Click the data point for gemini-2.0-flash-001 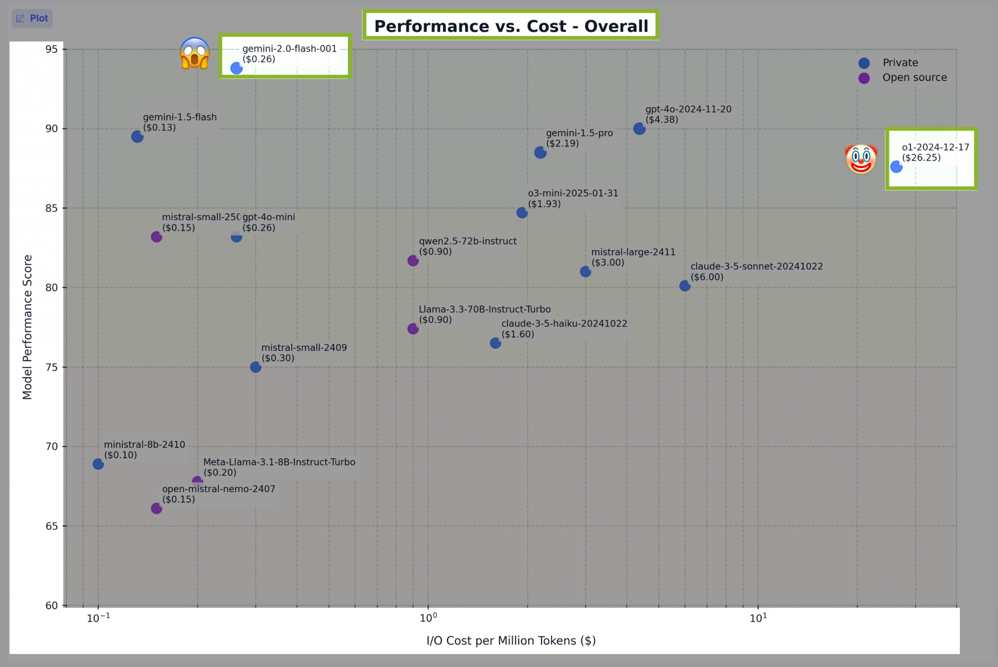(x=236, y=68)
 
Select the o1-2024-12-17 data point (x=896, y=167)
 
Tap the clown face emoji (x=861, y=159)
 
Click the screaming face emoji (x=195, y=53)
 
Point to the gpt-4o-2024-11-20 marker (x=639, y=129)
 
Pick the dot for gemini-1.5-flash (x=137, y=137)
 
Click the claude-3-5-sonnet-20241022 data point (x=685, y=286)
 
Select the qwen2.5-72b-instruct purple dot (x=413, y=261)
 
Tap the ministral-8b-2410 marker (x=98, y=464)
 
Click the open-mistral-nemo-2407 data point (x=156, y=509)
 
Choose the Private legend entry (x=900, y=63)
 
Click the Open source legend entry (x=914, y=77)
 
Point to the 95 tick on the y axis (x=52, y=49)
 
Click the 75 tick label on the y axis (x=52, y=367)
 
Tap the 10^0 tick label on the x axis (x=428, y=618)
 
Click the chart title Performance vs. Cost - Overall (x=511, y=26)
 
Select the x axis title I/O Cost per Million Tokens (x=511, y=641)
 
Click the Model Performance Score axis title (x=27, y=327)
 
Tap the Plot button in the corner (x=32, y=19)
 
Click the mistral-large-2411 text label (x=633, y=252)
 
